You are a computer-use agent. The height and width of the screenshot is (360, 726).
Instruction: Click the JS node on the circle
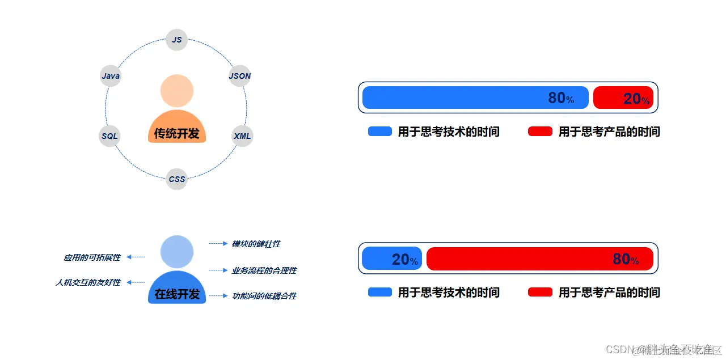pyautogui.click(x=177, y=40)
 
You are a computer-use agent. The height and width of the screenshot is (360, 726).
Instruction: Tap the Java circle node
pyautogui.click(x=111, y=76)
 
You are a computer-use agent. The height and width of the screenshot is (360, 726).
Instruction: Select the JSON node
pyautogui.click(x=239, y=76)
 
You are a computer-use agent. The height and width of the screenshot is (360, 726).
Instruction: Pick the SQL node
pyautogui.click(x=109, y=136)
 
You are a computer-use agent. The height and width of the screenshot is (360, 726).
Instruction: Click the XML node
pyautogui.click(x=242, y=136)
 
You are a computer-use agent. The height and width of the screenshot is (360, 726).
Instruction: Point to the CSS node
pyautogui.click(x=177, y=179)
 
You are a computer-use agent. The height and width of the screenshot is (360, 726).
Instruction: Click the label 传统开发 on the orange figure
pyautogui.click(x=177, y=134)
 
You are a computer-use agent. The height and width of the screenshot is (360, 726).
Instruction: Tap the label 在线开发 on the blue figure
pyautogui.click(x=177, y=294)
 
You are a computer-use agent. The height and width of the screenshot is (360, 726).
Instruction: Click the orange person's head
pyautogui.click(x=177, y=91)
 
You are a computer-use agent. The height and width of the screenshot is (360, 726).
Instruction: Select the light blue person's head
pyautogui.click(x=177, y=252)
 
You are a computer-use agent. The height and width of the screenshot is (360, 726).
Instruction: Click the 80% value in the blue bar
pyautogui.click(x=560, y=98)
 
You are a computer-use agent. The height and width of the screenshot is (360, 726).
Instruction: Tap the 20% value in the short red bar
pyautogui.click(x=636, y=99)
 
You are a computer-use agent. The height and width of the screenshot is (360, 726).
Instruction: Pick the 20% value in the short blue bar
pyautogui.click(x=404, y=260)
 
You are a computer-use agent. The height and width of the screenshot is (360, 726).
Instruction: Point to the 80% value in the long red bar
pyautogui.click(x=625, y=259)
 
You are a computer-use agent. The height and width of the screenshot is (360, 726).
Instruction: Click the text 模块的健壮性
pyautogui.click(x=256, y=244)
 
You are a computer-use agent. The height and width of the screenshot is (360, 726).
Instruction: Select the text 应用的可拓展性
pyautogui.click(x=92, y=257)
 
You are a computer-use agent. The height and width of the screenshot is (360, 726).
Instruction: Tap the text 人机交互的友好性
pyautogui.click(x=88, y=282)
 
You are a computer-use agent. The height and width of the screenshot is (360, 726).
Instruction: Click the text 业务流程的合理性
pyautogui.click(x=264, y=270)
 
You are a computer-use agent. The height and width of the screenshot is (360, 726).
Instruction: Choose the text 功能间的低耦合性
pyautogui.click(x=264, y=296)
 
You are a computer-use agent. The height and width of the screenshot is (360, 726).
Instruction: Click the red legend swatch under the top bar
pyautogui.click(x=540, y=132)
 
